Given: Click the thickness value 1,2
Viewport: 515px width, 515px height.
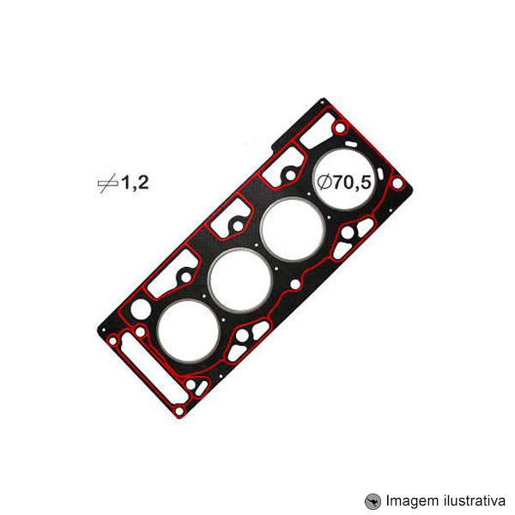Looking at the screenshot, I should [x=135, y=182].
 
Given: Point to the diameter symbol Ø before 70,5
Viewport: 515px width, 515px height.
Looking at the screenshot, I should [x=324, y=182].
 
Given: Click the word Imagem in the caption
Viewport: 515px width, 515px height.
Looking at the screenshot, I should [x=410, y=500].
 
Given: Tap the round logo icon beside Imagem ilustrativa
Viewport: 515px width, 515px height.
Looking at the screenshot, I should [x=373, y=500].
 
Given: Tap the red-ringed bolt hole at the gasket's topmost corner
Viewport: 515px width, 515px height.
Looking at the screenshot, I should [x=341, y=129].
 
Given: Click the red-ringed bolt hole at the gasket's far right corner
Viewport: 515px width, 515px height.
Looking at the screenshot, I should [x=397, y=184].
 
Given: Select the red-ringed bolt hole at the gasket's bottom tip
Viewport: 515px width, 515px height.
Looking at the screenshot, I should [x=179, y=412].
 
